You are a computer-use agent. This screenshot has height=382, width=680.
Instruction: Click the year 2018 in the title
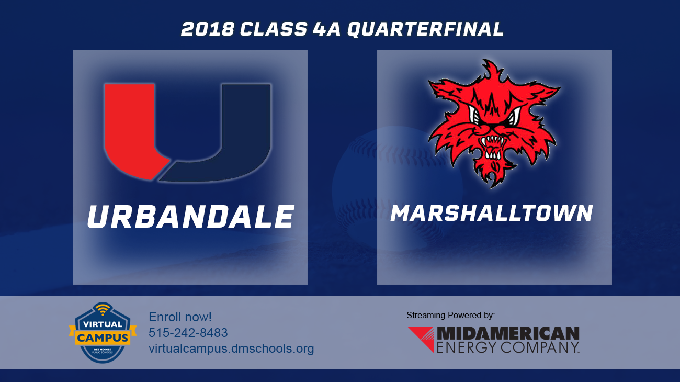(x=208, y=29)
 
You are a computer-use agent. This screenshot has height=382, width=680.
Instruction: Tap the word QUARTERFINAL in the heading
(x=425, y=29)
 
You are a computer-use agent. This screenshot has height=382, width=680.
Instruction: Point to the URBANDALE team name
(x=190, y=217)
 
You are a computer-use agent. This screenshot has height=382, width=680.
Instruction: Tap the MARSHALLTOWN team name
(x=492, y=213)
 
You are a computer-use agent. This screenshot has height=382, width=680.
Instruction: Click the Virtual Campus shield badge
(x=103, y=333)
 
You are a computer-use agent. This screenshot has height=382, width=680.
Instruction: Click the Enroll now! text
(x=180, y=317)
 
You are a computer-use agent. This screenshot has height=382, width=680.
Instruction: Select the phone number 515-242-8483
(x=188, y=333)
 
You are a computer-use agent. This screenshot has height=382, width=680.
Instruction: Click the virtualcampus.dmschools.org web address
(x=231, y=349)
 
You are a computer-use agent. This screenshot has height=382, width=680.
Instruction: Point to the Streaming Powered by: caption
(x=450, y=315)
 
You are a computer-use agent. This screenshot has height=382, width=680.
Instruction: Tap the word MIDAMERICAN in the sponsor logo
(x=507, y=333)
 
